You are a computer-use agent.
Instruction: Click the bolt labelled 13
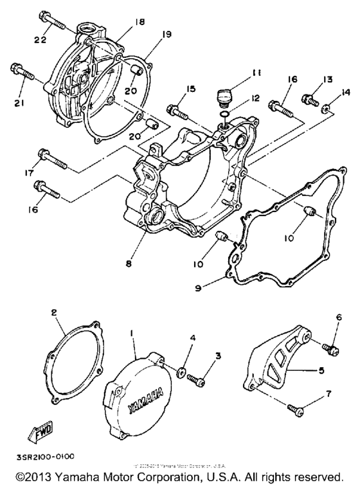tap(312, 100)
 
